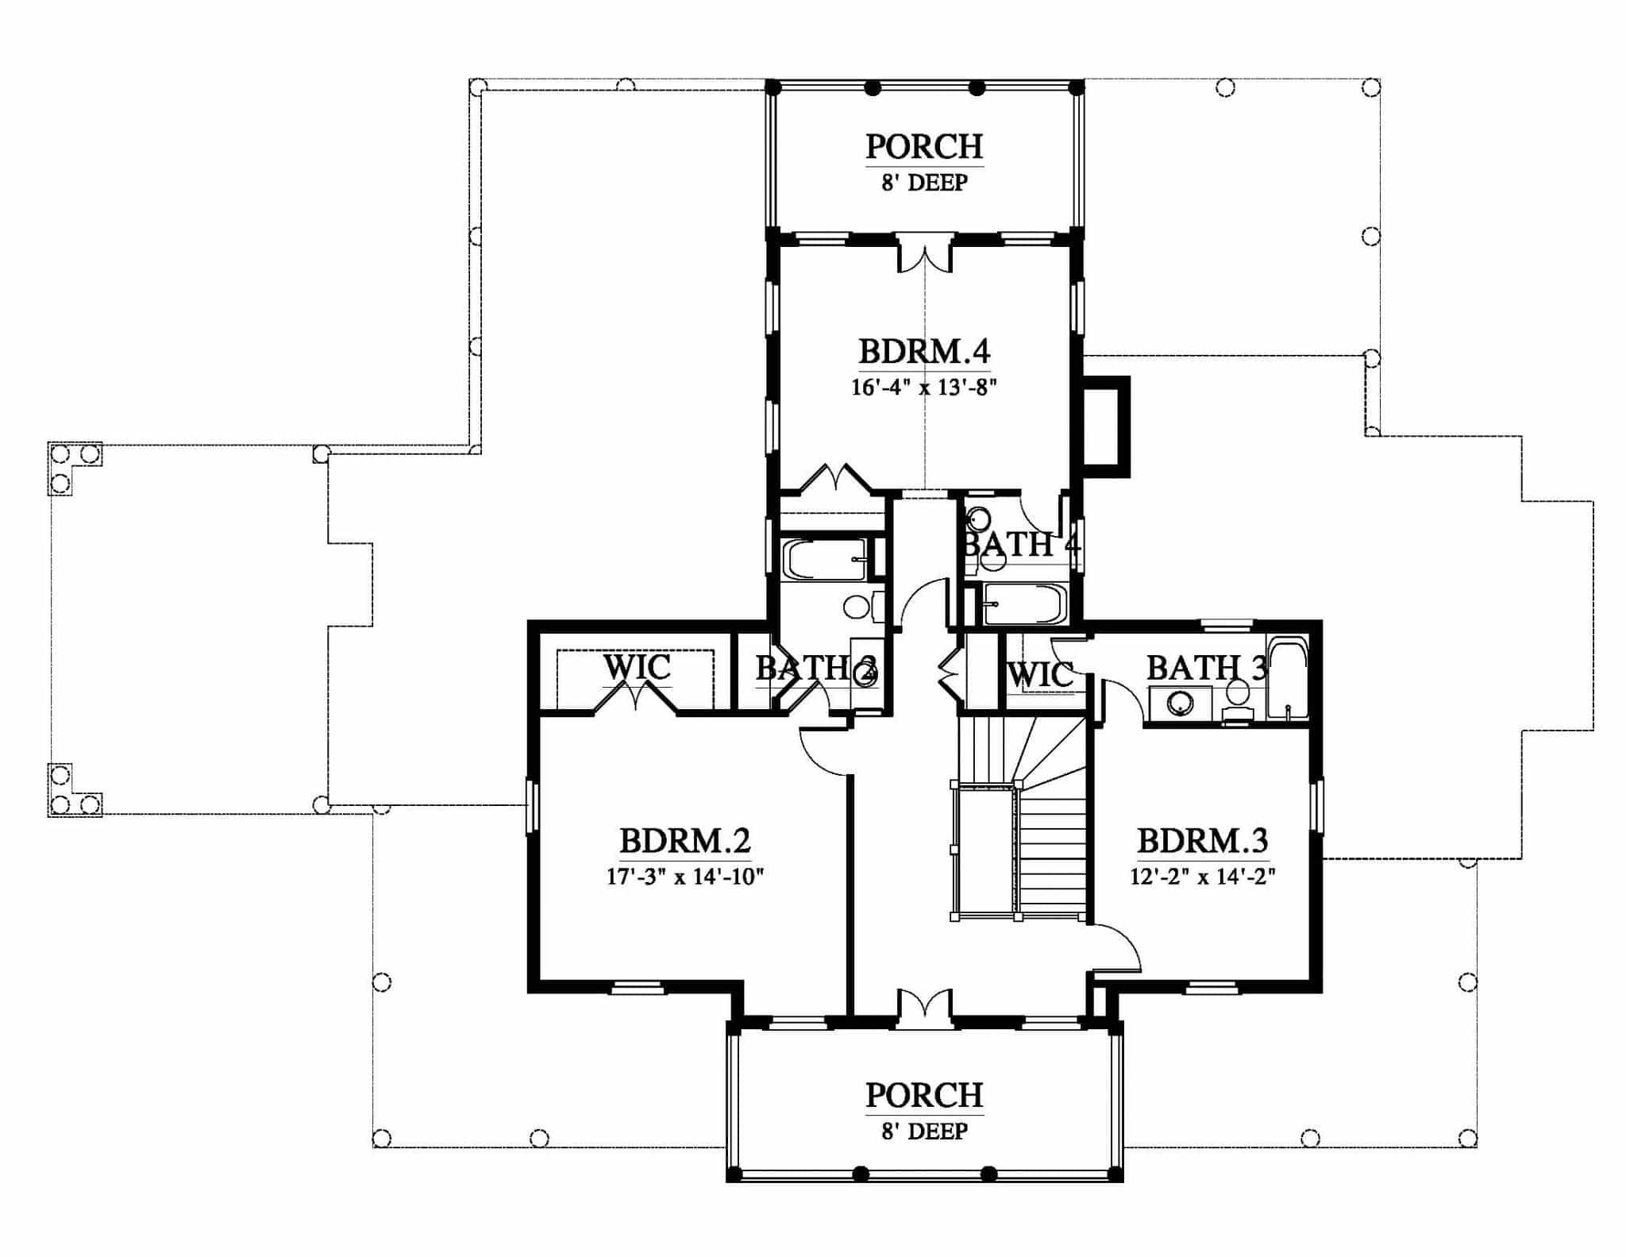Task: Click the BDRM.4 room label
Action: (x=924, y=351)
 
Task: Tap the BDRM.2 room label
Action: (x=685, y=840)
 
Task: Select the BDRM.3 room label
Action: (x=1203, y=840)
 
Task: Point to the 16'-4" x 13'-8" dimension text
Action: (x=924, y=388)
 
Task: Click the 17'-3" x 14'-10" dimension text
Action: (x=685, y=877)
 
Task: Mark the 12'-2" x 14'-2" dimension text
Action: (x=1203, y=877)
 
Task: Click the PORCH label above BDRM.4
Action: (x=924, y=147)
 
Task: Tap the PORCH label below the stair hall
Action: (x=924, y=1095)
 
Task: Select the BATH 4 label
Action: (x=1022, y=545)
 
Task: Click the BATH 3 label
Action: (x=1207, y=668)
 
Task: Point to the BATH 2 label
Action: (x=816, y=669)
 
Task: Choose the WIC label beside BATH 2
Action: (x=637, y=666)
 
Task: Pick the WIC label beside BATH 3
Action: (x=1041, y=675)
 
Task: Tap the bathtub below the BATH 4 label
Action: (x=1023, y=605)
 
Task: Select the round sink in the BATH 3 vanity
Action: (x=1180, y=703)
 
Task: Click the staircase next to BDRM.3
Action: (x=1022, y=818)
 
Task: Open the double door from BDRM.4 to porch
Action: (x=925, y=254)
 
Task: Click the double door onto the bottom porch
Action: (x=925, y=1008)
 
